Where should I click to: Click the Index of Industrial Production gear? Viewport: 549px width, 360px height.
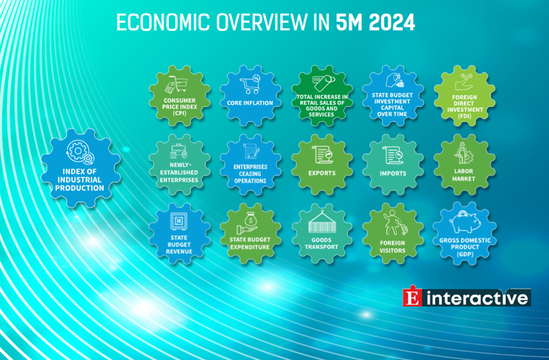click(x=80, y=168)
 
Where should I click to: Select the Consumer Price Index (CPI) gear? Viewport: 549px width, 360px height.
click(x=180, y=96)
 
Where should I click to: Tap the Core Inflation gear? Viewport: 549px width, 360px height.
click(x=250, y=96)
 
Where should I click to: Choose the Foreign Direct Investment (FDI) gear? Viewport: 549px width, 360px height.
click(x=465, y=96)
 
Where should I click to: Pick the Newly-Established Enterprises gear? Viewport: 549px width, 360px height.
click(x=180, y=165)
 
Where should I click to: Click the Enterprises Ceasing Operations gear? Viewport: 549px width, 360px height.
click(x=250, y=165)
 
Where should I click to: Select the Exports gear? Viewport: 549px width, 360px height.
click(x=322, y=165)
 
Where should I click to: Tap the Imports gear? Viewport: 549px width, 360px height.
click(x=393, y=165)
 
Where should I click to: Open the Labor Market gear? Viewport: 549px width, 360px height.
click(x=465, y=165)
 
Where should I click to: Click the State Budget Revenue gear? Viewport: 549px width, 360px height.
click(x=180, y=233)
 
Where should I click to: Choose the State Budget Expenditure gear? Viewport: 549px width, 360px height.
click(x=250, y=233)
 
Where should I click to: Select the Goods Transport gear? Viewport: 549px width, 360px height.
click(x=322, y=233)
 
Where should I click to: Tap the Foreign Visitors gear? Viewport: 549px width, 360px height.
click(x=393, y=233)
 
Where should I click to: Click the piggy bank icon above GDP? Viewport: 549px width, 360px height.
click(x=465, y=221)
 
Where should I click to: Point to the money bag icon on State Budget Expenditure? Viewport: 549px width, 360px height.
click(x=250, y=219)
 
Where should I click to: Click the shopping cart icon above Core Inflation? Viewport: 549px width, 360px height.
click(x=250, y=84)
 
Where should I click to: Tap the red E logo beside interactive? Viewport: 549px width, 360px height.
click(x=412, y=297)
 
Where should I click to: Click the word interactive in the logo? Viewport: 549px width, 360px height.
click(x=477, y=298)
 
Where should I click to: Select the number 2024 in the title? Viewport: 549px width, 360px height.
click(x=392, y=23)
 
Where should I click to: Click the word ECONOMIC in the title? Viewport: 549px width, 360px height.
click(x=163, y=23)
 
